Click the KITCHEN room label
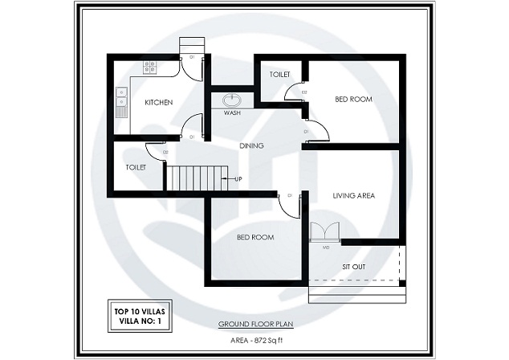(159, 103)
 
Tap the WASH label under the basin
(232, 113)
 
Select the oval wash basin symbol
(233, 100)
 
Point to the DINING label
(252, 145)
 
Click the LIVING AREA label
(354, 195)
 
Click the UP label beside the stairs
(238, 178)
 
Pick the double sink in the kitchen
(121, 97)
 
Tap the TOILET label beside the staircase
(135, 168)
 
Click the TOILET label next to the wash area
(279, 75)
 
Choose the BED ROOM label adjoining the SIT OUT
(255, 238)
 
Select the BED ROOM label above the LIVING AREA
(353, 99)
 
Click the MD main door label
(326, 247)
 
